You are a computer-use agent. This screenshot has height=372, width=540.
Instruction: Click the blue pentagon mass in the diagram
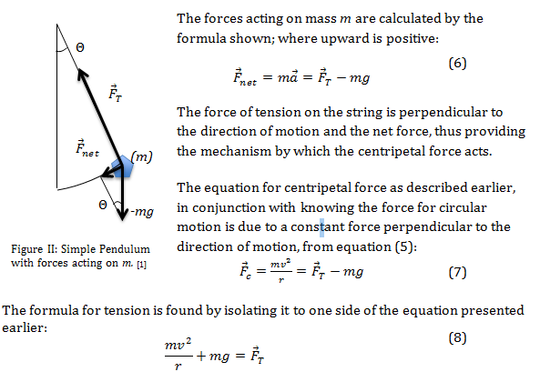(122, 166)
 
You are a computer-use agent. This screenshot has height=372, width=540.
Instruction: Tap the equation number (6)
(457, 64)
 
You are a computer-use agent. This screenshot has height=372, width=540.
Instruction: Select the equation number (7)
(457, 273)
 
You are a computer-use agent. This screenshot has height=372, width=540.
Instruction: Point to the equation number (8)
(457, 338)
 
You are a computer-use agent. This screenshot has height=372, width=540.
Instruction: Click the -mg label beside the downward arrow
(142, 211)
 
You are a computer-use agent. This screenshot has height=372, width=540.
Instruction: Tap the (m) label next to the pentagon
(141, 156)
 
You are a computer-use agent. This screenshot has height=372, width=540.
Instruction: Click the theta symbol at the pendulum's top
(80, 47)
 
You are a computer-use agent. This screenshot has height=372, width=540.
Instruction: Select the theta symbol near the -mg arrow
(103, 205)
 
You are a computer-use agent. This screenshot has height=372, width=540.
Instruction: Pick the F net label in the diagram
(87, 148)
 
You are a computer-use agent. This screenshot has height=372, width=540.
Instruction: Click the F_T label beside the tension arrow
(115, 93)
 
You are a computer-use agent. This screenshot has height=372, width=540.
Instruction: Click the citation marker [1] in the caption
(141, 265)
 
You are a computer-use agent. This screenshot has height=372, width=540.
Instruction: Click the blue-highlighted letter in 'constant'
(321, 227)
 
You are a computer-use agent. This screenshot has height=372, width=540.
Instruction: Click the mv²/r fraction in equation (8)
(178, 355)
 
